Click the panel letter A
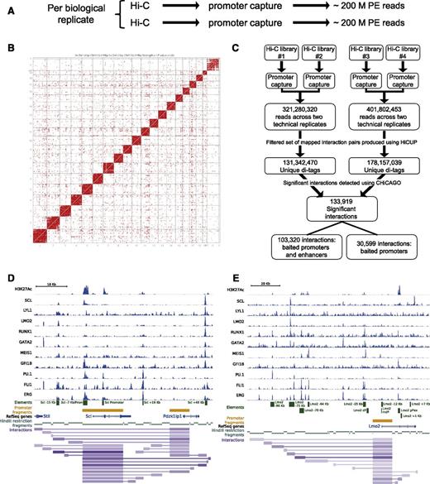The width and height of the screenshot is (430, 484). click(x=7, y=7)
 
